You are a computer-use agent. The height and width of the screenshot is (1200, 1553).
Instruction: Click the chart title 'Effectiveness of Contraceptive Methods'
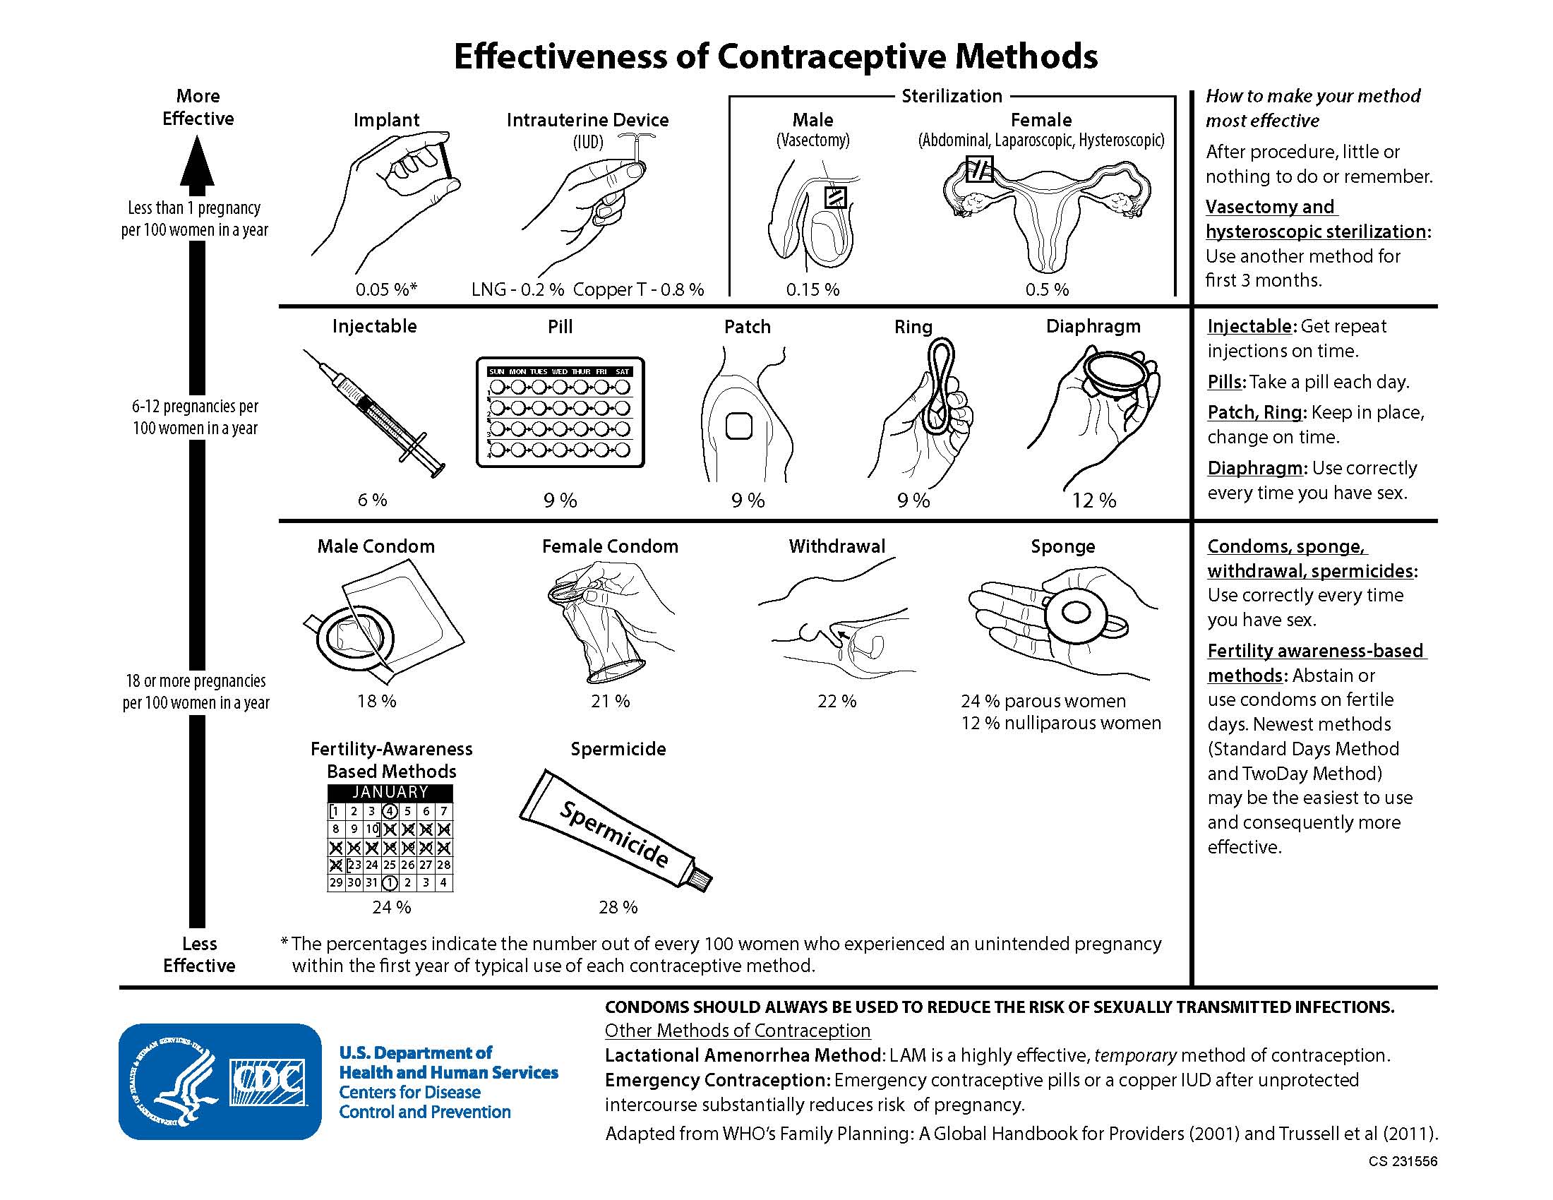pyautogui.click(x=775, y=56)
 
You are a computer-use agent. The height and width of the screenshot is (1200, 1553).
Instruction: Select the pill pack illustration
pyautogui.click(x=560, y=412)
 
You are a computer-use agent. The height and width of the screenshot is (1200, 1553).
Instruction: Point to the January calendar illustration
pyautogui.click(x=390, y=838)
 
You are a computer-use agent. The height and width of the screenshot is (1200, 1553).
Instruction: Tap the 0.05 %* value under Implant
pyautogui.click(x=386, y=289)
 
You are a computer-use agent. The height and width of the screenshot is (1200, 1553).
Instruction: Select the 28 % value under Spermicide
pyautogui.click(x=618, y=907)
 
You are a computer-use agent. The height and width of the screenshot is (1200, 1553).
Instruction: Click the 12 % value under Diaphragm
pyautogui.click(x=1093, y=500)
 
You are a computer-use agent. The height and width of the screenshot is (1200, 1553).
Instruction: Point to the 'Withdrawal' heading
pyautogui.click(x=837, y=546)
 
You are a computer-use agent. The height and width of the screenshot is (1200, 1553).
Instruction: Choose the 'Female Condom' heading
pyautogui.click(x=610, y=546)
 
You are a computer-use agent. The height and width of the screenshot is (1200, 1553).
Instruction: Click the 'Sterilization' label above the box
pyautogui.click(x=952, y=96)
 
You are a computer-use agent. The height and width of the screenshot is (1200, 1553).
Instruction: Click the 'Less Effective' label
pyautogui.click(x=199, y=954)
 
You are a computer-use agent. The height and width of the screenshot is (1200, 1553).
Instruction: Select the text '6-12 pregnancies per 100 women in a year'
pyautogui.click(x=195, y=417)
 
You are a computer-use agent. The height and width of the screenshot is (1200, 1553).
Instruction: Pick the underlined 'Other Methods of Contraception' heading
pyautogui.click(x=738, y=1030)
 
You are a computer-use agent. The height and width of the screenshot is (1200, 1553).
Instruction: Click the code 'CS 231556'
pyautogui.click(x=1402, y=1161)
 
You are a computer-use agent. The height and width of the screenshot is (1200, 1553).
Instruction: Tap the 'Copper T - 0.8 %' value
pyautogui.click(x=638, y=289)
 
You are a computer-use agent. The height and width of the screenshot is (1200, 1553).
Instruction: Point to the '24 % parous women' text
pyautogui.click(x=1043, y=701)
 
